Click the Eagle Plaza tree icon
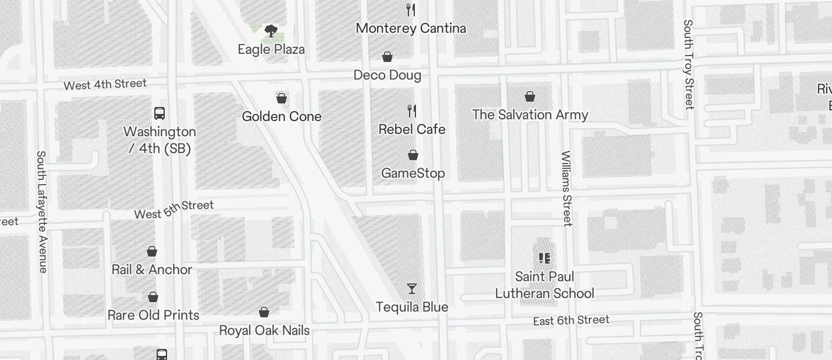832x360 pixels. [x=271, y=31]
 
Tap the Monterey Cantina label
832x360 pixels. [x=411, y=28]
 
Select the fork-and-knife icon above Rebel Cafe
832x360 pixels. [x=412, y=110]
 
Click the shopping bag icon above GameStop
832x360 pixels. [x=413, y=155]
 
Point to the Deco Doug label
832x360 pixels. [x=387, y=75]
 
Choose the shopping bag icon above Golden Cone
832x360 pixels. [x=282, y=98]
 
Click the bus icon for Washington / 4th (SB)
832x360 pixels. [x=160, y=113]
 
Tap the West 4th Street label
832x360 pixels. [x=105, y=84]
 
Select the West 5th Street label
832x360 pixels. [x=174, y=209]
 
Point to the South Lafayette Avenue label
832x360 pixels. [x=41, y=212]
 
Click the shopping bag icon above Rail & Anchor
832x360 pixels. [x=152, y=251]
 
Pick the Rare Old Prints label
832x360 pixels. [x=154, y=315]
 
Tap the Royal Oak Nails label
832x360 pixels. [x=264, y=330]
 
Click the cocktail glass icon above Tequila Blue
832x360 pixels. [x=412, y=289]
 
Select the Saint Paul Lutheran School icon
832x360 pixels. [x=545, y=258]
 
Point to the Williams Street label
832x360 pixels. [x=566, y=188]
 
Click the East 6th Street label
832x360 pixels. [x=571, y=320]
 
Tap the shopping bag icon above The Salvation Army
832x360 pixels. [x=530, y=96]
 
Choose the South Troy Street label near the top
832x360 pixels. [x=689, y=64]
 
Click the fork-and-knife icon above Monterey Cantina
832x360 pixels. [x=411, y=9]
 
